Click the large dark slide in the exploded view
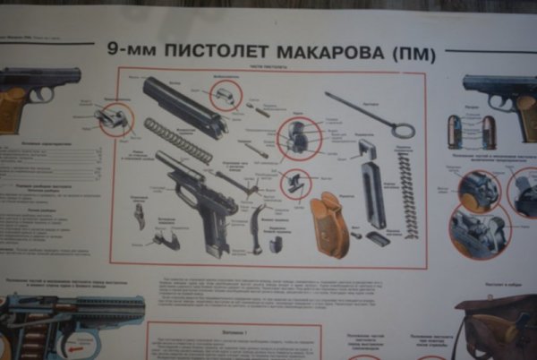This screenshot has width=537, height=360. click(184, 106)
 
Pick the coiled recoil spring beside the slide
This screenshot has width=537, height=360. click(178, 141)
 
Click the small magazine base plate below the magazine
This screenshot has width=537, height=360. click(379, 239)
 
